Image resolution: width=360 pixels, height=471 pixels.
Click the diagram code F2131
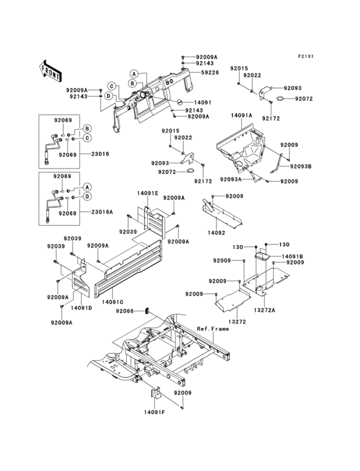click(305, 57)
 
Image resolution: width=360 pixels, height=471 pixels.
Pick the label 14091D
click(81, 308)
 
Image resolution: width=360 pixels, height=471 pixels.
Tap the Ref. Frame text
click(213, 328)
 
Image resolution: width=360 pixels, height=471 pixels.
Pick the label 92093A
click(232, 180)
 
